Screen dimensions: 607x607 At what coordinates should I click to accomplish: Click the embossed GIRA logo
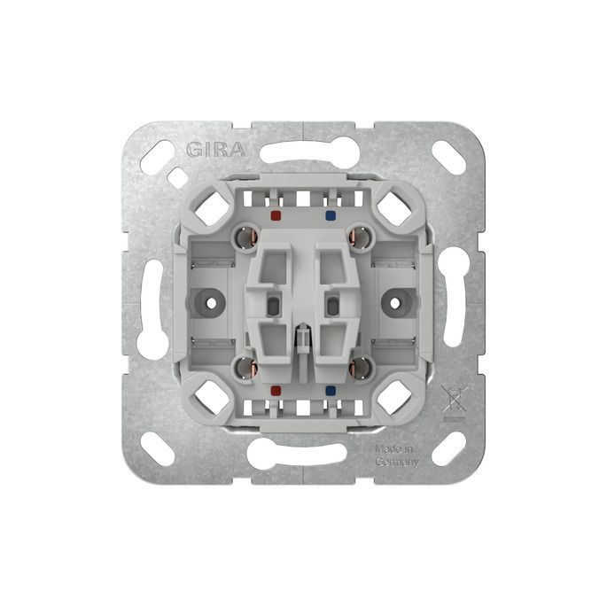click(x=216, y=150)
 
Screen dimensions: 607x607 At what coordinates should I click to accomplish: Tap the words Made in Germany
click(x=397, y=455)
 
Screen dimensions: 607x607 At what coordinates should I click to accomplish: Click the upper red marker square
click(x=276, y=214)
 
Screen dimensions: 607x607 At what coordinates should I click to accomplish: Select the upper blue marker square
click(x=331, y=214)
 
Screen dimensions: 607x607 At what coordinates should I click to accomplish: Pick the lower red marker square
click(x=276, y=390)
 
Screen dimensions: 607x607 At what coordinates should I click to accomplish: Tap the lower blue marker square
click(x=331, y=390)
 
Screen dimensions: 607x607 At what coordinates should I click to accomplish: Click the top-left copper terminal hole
click(x=246, y=237)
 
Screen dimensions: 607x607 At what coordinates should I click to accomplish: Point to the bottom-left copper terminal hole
click(x=246, y=368)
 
